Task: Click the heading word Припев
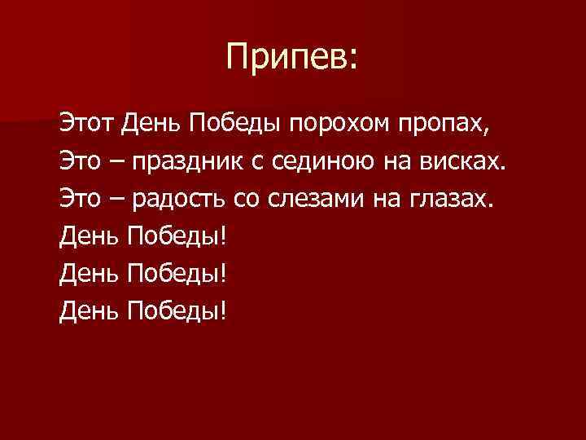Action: click(x=287, y=58)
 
